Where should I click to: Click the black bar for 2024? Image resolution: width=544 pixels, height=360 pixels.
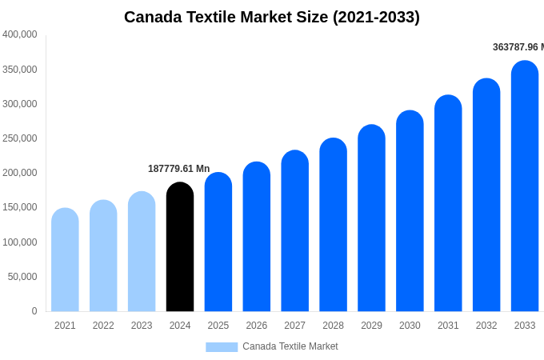pos(180,247)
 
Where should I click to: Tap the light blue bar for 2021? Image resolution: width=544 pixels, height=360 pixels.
pos(65,260)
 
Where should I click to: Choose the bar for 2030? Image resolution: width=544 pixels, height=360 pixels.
pos(410,211)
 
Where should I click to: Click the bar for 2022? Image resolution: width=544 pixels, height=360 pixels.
pos(103,256)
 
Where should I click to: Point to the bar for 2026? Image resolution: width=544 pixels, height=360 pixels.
pos(257,237)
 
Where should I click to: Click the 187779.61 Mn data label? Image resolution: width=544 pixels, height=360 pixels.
pos(178,169)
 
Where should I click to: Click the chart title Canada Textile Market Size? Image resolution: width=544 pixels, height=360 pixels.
pos(272,17)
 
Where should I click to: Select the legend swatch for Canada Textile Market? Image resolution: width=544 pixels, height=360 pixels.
pos(222,346)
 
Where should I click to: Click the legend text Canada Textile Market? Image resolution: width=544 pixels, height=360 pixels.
pos(290,346)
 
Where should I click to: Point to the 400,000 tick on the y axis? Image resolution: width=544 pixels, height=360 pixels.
pos(20,34)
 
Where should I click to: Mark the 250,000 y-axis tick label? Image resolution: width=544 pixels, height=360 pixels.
pos(20,138)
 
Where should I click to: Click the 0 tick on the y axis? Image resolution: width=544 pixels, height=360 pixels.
pos(34,311)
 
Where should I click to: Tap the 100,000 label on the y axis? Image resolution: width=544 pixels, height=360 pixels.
pos(20,242)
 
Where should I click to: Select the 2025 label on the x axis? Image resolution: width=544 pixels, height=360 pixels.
pos(218,326)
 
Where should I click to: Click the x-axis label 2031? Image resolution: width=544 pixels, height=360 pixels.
pos(448,326)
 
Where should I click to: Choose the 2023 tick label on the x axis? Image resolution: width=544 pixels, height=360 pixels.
pos(142,326)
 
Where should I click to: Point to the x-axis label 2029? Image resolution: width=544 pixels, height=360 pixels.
pos(371,326)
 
